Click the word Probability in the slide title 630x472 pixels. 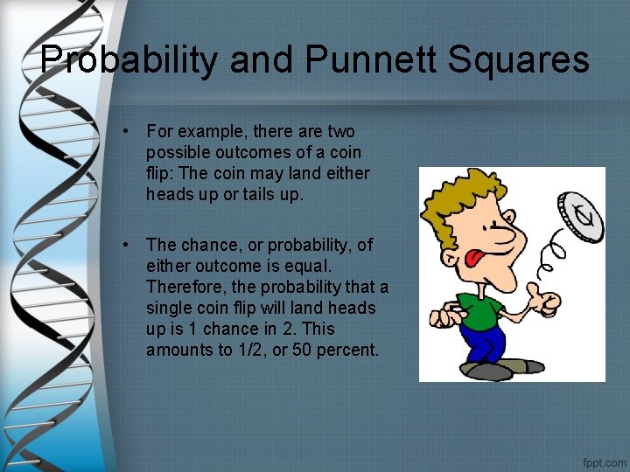click(135, 60)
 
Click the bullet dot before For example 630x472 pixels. click(127, 132)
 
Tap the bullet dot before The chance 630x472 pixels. click(127, 246)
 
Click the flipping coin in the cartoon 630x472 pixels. click(580, 206)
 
